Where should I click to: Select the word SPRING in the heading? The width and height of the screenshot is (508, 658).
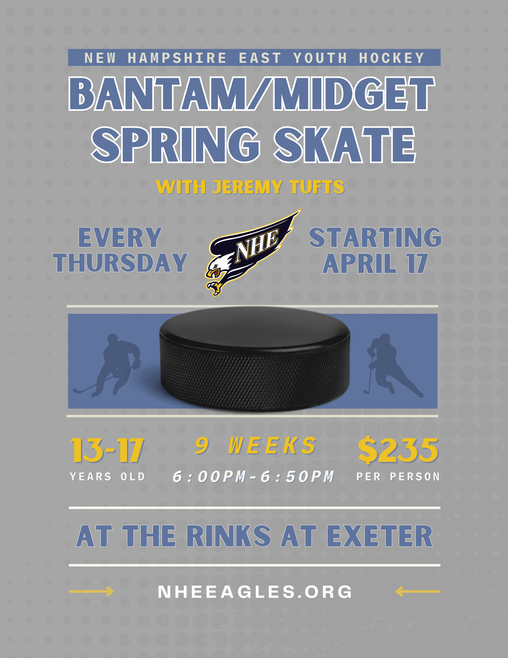tap(176, 145)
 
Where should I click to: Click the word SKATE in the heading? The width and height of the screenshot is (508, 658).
tap(345, 145)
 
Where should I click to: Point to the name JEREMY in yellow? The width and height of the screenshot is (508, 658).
tap(247, 187)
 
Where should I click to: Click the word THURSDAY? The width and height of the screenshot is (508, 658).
tap(120, 263)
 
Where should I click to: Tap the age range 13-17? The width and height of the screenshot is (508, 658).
tap(108, 450)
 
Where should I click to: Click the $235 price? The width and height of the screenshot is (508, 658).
tap(398, 450)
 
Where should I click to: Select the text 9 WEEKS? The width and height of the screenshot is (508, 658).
tap(255, 445)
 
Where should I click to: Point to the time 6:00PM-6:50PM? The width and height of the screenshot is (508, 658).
tap(254, 476)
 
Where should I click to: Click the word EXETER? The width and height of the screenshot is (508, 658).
tap(380, 536)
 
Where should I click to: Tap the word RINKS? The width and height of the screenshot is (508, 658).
tap(229, 536)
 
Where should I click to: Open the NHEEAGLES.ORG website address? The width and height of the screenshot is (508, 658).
tap(255, 592)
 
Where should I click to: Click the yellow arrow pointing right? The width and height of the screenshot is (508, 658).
tap(91, 591)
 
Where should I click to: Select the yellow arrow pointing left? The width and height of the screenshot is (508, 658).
tap(418, 591)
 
